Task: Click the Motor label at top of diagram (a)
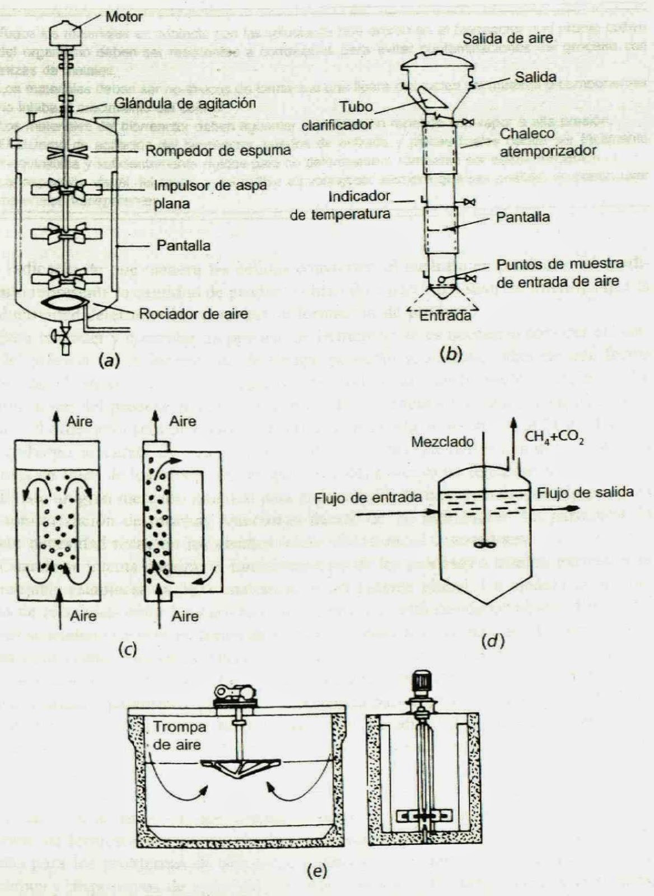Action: coord(124,17)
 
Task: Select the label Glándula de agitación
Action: coord(185,104)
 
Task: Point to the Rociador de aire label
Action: coord(193,314)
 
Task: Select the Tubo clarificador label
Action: coord(338,115)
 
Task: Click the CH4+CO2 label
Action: coord(554,438)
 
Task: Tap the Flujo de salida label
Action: coord(585,492)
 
